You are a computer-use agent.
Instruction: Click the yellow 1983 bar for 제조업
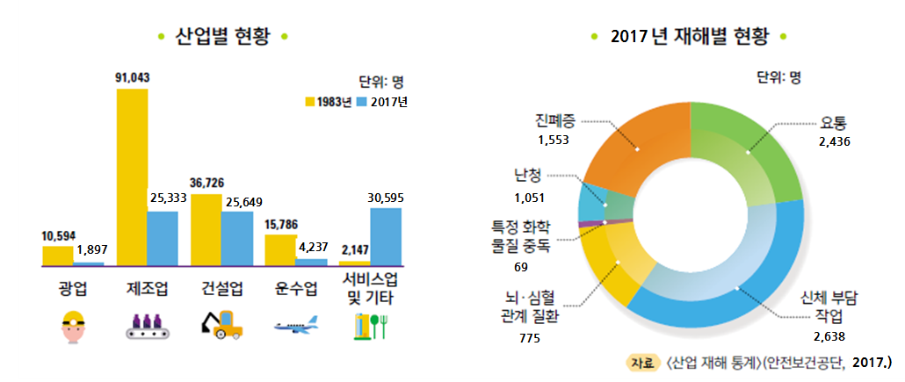(x=131, y=177)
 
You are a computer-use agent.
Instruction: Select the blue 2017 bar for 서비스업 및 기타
(x=385, y=236)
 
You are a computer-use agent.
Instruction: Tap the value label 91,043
(x=132, y=77)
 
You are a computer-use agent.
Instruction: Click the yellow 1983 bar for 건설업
(x=206, y=229)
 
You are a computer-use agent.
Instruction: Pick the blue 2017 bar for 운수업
(x=311, y=262)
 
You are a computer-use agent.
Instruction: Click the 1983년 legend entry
(x=328, y=102)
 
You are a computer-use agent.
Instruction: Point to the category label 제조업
(x=145, y=288)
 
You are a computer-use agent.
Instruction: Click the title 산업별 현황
(x=221, y=36)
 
